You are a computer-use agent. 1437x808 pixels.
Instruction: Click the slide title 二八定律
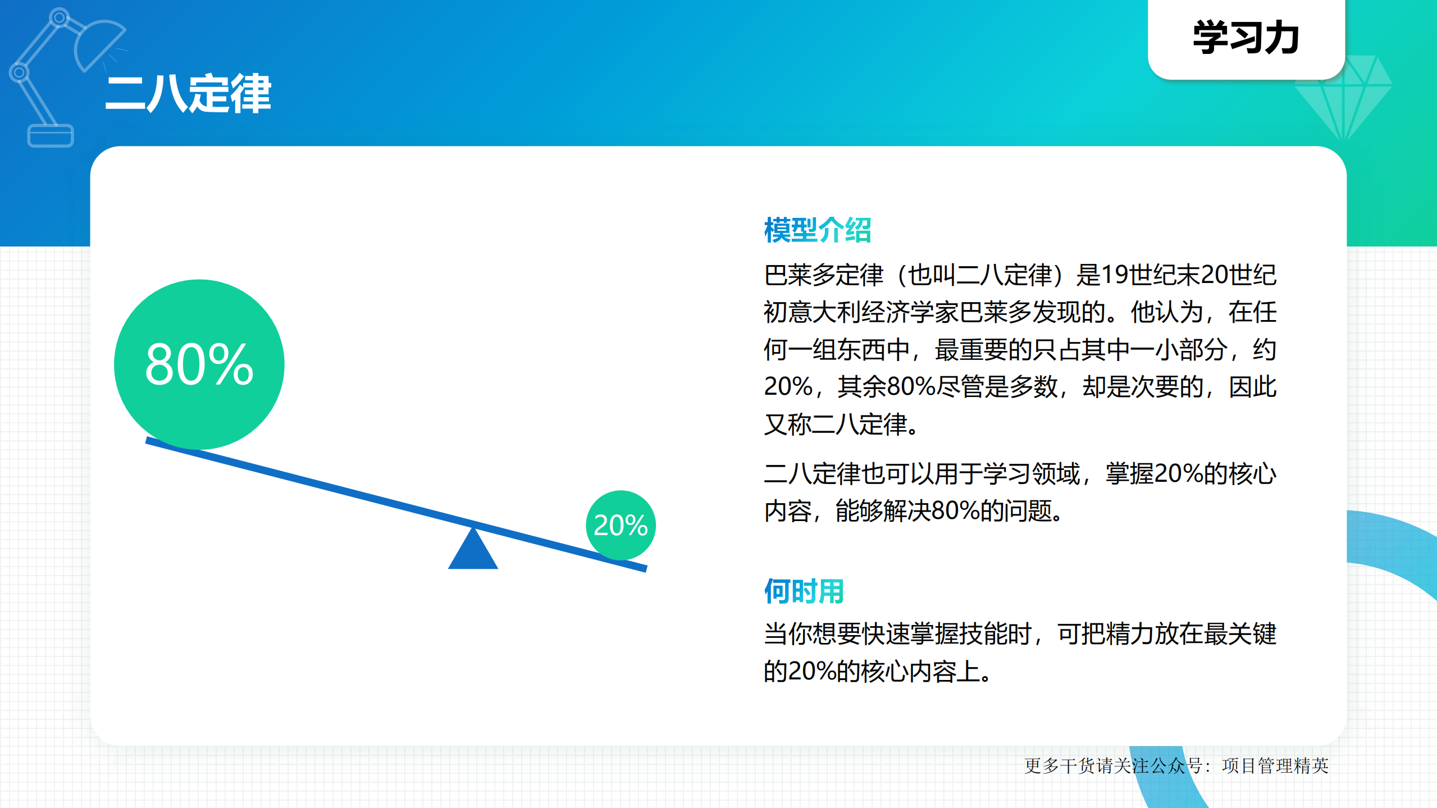tap(188, 94)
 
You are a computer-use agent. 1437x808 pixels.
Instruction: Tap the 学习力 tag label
tap(1246, 38)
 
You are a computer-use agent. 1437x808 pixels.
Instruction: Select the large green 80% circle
tap(199, 364)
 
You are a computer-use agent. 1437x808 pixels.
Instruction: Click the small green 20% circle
tap(621, 525)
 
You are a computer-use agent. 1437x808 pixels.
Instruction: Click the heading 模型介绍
tap(817, 230)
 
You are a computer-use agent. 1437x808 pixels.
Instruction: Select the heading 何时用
tap(804, 591)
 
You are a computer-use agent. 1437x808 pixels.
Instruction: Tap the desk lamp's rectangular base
tap(51, 136)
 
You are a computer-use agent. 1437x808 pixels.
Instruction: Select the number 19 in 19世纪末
tap(1115, 275)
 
